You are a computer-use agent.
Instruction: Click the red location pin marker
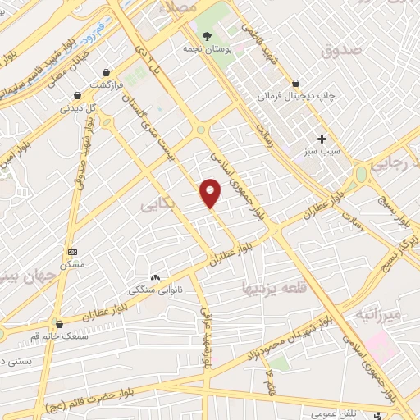211,194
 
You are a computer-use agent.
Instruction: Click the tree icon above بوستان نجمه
208,35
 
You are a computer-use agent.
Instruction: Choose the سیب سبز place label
323,152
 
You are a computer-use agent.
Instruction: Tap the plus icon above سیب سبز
323,139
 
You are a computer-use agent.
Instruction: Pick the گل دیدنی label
80,107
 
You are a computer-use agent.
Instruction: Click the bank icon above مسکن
72,252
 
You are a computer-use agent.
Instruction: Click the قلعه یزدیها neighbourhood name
273,287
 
